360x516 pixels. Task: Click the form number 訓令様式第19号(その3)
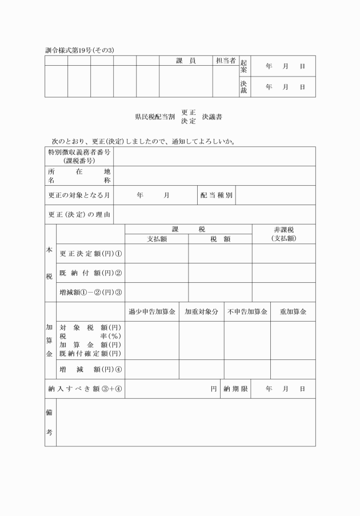point(79,50)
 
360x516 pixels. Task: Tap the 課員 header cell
point(185,61)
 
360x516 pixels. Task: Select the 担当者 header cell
point(225,61)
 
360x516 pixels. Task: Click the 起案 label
point(244,66)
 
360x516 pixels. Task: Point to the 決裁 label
point(244,87)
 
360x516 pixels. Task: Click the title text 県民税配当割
point(155,117)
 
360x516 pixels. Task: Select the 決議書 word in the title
point(212,117)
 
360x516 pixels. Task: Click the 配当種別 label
point(216,195)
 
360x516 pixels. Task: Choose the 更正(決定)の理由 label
point(79,214)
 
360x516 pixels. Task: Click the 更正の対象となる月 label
point(79,195)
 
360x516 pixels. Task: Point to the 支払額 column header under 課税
point(157,239)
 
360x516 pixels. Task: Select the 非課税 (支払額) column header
point(283,234)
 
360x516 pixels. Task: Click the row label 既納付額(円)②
point(91,273)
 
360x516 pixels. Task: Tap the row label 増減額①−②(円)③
point(91,292)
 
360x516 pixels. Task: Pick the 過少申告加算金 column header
point(152,312)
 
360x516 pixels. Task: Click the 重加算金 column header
point(293,312)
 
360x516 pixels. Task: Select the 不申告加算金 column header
point(247,312)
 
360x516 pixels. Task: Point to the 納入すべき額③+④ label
point(85,389)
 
